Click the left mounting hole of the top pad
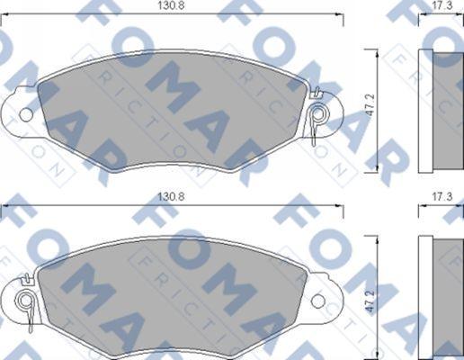coord(25,114)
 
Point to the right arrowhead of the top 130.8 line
coord(339,14)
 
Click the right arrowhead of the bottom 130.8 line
coord(339,206)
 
